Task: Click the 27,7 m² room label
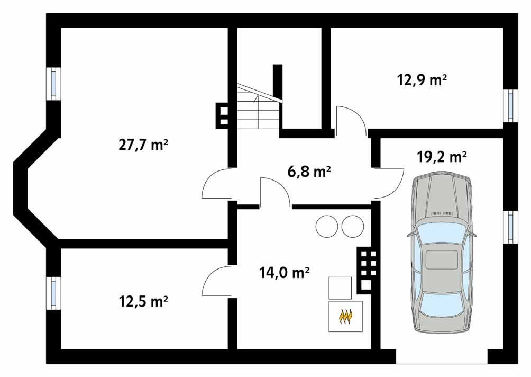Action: click(143, 145)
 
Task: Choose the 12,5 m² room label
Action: click(143, 302)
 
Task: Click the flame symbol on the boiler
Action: click(346, 317)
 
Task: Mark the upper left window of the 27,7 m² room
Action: click(53, 83)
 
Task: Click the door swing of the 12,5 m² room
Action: click(216, 281)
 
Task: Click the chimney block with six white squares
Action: click(368, 270)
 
